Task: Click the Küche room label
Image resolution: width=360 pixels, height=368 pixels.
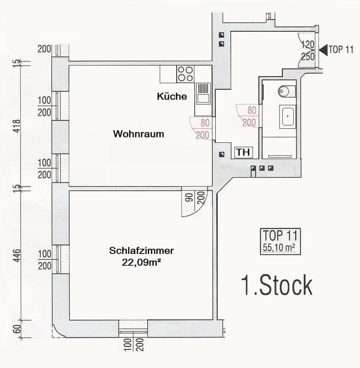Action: pyautogui.click(x=172, y=96)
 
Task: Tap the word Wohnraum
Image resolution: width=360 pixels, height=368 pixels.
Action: pyautogui.click(x=138, y=134)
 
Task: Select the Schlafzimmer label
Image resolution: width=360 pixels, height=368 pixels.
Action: pyautogui.click(x=141, y=251)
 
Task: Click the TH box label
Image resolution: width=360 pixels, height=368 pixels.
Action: pyautogui.click(x=243, y=152)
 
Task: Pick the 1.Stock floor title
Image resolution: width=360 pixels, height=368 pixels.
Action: pyautogui.click(x=276, y=286)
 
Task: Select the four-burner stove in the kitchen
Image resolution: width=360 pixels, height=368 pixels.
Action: pyautogui.click(x=185, y=74)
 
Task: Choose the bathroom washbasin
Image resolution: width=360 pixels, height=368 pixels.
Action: pyautogui.click(x=288, y=117)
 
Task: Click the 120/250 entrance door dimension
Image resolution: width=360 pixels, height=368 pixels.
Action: pyautogui.click(x=308, y=50)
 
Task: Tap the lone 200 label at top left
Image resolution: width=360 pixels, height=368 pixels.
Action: pyautogui.click(x=44, y=49)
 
